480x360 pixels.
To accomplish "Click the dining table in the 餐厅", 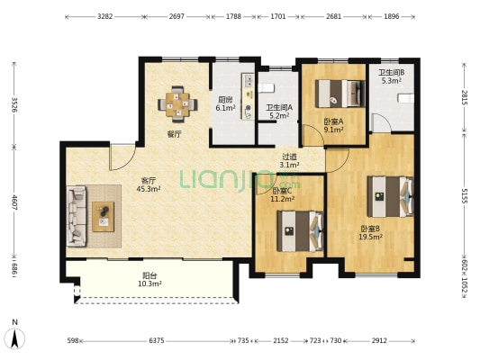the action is pos(177,104).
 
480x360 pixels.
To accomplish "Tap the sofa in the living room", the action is pos(77,216).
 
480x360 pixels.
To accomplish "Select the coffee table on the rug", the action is pos(104,217).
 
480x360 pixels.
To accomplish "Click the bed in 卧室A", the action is pos(340,94).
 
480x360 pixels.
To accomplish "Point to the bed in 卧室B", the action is pos(390,196).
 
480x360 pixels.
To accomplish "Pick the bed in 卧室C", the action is pos(300,231).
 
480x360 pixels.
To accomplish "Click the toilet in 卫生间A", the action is pos(266,88).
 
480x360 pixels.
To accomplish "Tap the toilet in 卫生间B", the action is pos(405,98).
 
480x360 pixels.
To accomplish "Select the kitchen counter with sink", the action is pos(249,96).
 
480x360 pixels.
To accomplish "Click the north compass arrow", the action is pos(14,338).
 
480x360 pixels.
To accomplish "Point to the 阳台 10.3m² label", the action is pos(149,280).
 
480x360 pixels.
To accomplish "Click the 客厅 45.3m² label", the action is pos(149,185).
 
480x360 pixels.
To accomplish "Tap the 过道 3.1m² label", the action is pos(289,161).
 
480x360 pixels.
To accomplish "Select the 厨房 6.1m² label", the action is pos(225,104).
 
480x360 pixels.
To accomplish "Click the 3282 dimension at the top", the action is pos(105,16).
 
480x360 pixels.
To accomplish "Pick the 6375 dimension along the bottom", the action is pos(157,340).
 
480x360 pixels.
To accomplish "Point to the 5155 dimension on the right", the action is pos(465,196).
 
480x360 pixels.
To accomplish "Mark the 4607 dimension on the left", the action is pos(14,202).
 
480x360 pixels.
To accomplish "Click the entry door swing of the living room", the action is pos(122,157).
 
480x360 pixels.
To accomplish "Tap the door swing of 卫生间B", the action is pos(381,123).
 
